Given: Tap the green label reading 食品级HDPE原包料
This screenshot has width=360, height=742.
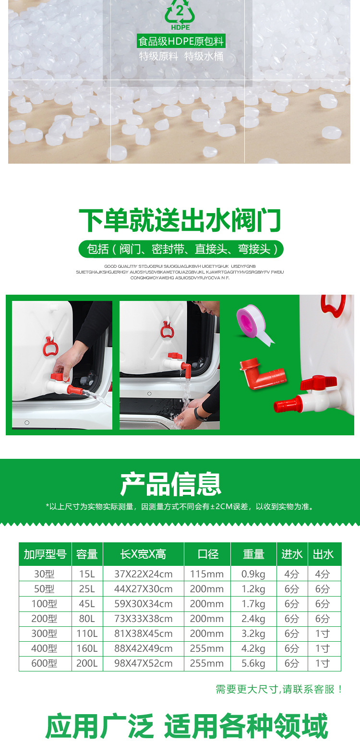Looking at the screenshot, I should [x=181, y=41].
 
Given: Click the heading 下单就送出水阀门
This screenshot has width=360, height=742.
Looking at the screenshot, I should [x=180, y=220].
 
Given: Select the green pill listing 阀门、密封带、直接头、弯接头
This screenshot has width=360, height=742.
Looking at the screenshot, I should [x=181, y=249].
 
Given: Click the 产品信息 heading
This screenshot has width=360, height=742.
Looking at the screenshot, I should [x=171, y=484].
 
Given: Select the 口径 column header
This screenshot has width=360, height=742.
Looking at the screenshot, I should [x=208, y=554].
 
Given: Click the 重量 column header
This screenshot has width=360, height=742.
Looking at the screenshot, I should [x=253, y=554].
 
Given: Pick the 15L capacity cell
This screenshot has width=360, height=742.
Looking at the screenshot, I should [x=87, y=574].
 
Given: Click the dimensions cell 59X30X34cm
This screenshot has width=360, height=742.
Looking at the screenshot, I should [x=144, y=604].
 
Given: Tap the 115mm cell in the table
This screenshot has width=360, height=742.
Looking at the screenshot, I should [x=207, y=574].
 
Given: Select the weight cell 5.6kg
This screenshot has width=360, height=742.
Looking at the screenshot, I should [x=253, y=664].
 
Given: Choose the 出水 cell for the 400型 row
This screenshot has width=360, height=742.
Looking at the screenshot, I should [x=323, y=649].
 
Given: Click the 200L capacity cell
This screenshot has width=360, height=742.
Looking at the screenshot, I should [x=87, y=664].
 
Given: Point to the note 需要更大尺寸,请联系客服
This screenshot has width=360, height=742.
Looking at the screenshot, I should [x=280, y=689].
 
